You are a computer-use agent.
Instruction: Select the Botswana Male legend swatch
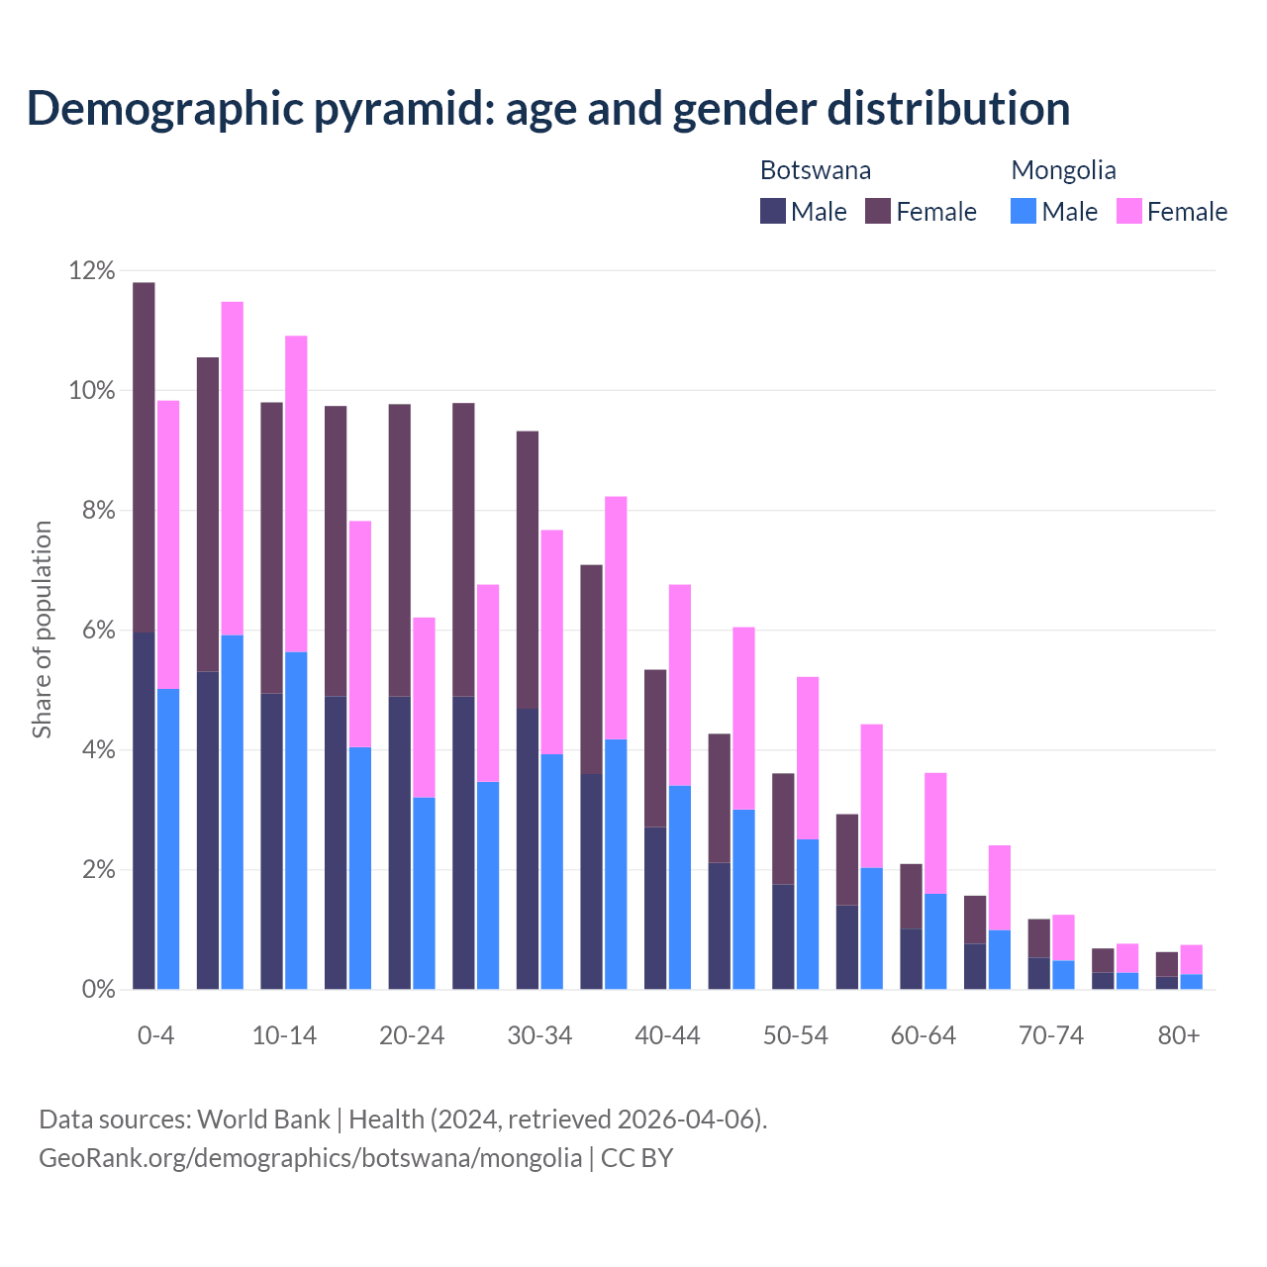tap(772, 211)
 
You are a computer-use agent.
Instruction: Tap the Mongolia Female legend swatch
tap(1128, 211)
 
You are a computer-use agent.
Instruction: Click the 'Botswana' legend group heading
tap(815, 170)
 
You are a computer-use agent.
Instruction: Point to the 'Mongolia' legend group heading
tap(1063, 170)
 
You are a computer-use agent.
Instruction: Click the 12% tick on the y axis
tap(92, 271)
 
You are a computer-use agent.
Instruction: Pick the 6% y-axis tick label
tap(92, 631)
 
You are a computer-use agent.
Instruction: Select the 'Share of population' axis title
tap(42, 630)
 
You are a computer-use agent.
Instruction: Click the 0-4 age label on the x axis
tap(155, 1036)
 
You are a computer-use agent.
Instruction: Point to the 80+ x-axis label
tap(1179, 1036)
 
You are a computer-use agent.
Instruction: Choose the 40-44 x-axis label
tap(667, 1036)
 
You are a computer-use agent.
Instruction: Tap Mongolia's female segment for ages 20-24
tap(424, 708)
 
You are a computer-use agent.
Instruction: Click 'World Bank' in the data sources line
tap(263, 1120)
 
